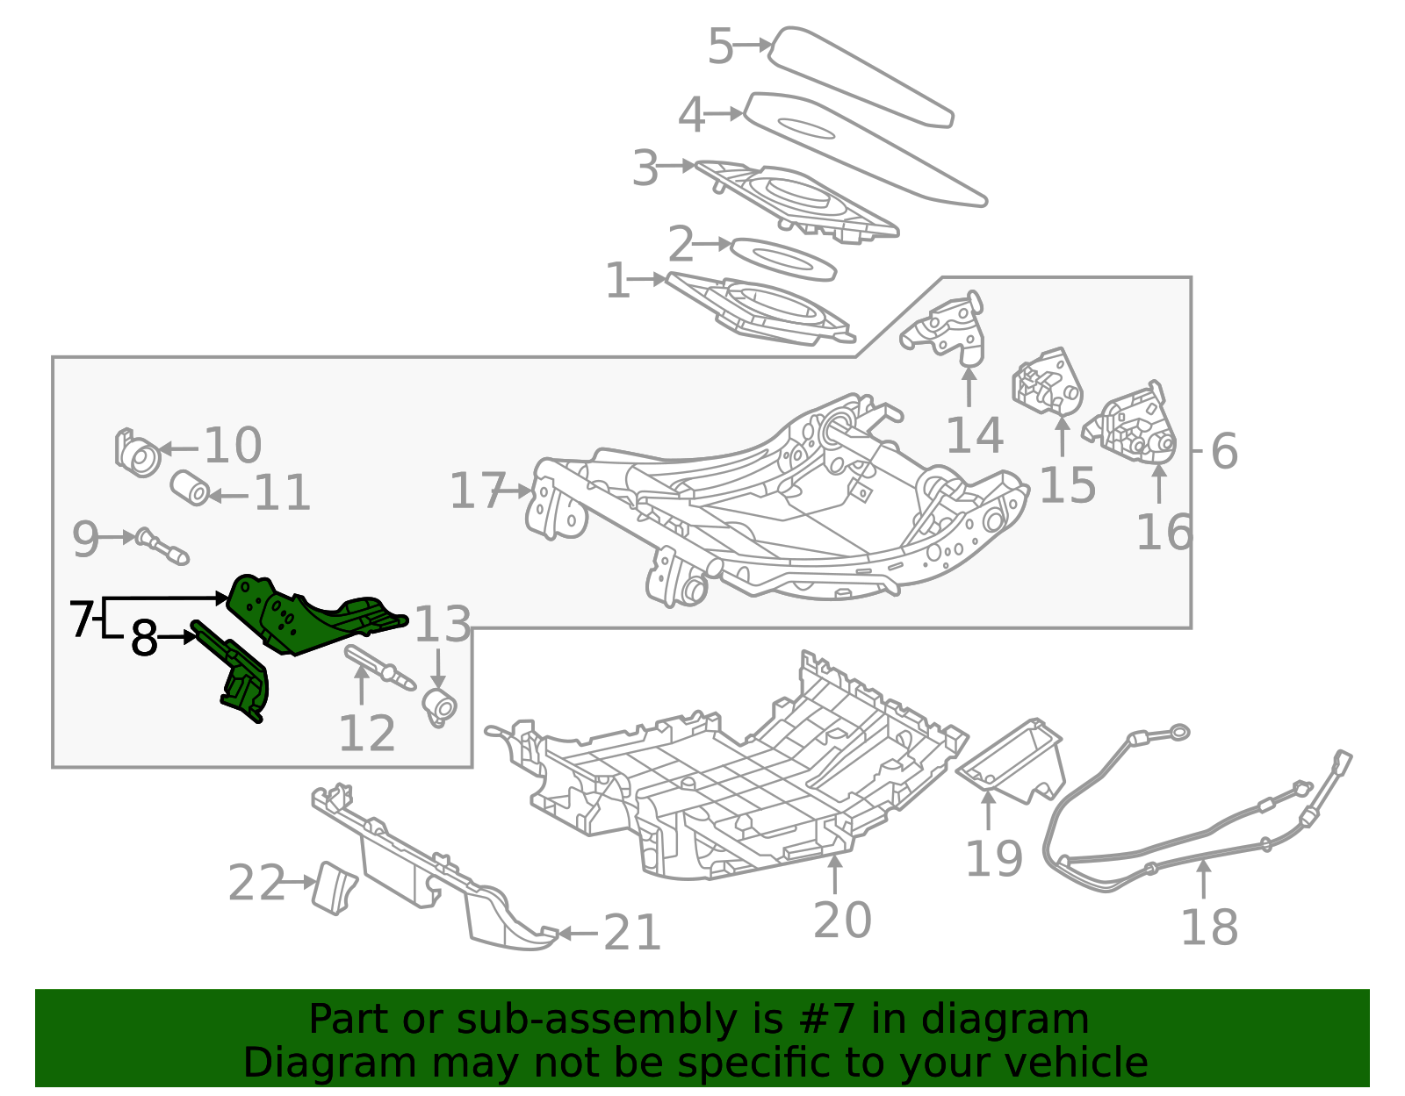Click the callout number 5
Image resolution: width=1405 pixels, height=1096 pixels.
pos(720,46)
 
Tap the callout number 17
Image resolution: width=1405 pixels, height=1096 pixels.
pos(477,491)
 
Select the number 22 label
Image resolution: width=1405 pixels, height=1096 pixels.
pos(256,883)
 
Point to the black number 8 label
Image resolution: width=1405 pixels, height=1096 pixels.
pos(143,638)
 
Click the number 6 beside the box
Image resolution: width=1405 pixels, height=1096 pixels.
pos(1224,451)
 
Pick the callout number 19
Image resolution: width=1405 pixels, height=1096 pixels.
pos(994,858)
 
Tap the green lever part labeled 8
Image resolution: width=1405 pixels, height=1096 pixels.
pos(236,671)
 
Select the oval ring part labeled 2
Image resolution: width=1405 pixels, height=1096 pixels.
pos(783,259)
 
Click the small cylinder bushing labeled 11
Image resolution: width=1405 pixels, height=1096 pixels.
pos(190,489)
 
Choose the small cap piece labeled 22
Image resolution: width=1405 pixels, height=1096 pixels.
pos(334,889)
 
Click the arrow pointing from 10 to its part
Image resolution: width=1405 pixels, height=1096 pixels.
pos(179,448)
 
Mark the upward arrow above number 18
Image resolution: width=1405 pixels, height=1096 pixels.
pos(1203,879)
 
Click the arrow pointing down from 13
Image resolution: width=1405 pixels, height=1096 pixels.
pos(438,670)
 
